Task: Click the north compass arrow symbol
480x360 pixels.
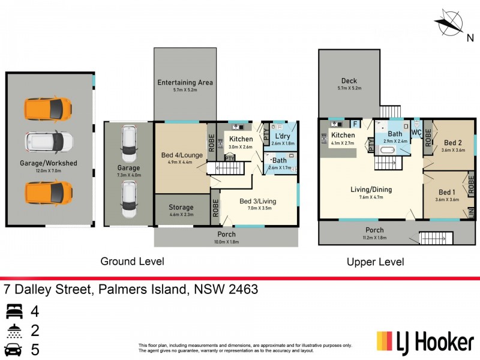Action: [x=449, y=24]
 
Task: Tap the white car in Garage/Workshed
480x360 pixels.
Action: [x=49, y=142]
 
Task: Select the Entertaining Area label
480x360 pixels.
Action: [x=185, y=82]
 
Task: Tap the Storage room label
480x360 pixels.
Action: [x=181, y=207]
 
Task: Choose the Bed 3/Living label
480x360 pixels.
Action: [x=259, y=201]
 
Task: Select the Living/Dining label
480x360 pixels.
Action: [x=371, y=190]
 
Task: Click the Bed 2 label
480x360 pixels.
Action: [x=453, y=143]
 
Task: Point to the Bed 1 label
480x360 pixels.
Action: [x=446, y=192]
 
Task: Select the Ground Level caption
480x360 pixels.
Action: [x=131, y=262]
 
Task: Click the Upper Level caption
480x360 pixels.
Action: [x=375, y=262]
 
